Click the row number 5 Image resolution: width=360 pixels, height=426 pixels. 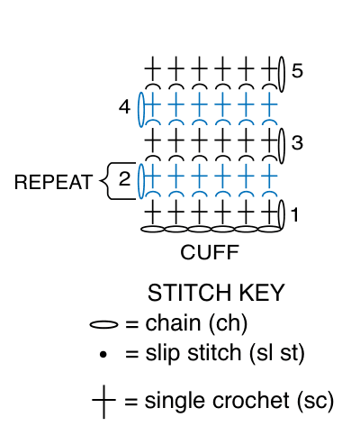[297, 71]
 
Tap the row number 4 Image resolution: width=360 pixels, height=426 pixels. [125, 107]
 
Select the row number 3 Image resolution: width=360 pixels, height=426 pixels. [297, 142]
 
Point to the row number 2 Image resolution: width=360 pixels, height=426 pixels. [125, 179]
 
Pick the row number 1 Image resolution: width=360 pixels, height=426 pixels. [295, 214]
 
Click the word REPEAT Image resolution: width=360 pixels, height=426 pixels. [53, 182]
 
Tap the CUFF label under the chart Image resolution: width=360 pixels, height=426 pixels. [210, 252]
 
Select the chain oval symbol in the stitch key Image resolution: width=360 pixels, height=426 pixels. [103, 324]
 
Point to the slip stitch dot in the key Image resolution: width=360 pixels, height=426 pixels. [103, 355]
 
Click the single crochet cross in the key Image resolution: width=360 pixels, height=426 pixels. [103, 401]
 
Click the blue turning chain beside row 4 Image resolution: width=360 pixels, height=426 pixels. [141, 110]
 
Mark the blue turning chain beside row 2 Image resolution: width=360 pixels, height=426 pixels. [141, 181]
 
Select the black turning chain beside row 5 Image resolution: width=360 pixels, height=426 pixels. [282, 74]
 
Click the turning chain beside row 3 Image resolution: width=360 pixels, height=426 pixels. [282, 146]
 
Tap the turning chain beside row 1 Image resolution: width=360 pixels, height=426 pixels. [282, 215]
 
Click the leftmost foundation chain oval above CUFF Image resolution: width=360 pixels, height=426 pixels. [152, 230]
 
